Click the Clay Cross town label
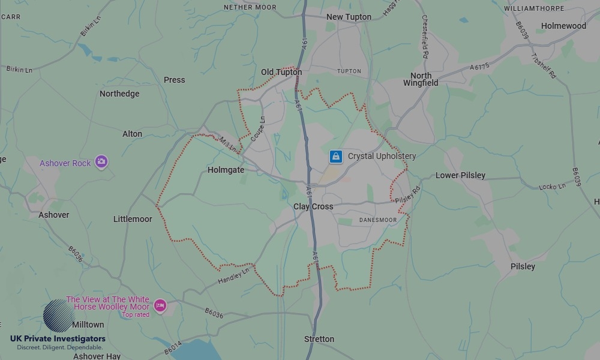coord(313,207)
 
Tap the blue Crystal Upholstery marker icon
coord(336,157)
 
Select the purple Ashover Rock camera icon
coord(101,161)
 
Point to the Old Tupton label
coord(281,73)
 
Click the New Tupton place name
coord(349,17)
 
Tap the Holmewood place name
coord(563,26)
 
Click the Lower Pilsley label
coord(460,176)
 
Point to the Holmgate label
coord(226,170)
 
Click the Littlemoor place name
coord(133,220)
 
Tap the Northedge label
coord(119,94)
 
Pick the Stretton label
coord(319,340)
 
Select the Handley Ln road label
coord(233,276)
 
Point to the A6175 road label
coord(480,67)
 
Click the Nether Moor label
coord(250,8)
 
